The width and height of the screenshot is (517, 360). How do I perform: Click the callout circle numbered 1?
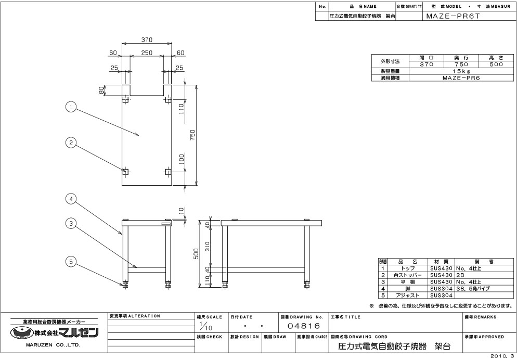point(71,107)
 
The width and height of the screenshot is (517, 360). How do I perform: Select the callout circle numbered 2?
point(71,143)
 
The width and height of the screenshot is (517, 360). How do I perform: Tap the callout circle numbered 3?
point(71,224)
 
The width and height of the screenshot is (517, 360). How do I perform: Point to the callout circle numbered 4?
point(71,199)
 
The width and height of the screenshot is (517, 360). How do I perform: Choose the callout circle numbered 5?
point(71,262)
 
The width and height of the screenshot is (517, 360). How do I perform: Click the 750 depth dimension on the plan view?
point(193,135)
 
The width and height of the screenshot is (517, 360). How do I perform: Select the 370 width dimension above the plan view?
point(147,40)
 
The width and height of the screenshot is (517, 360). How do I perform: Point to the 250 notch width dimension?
point(147,53)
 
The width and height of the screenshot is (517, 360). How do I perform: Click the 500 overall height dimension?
point(196,253)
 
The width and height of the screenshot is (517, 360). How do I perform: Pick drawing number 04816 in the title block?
point(304,326)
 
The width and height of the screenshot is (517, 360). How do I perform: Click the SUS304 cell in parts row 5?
point(441,295)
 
